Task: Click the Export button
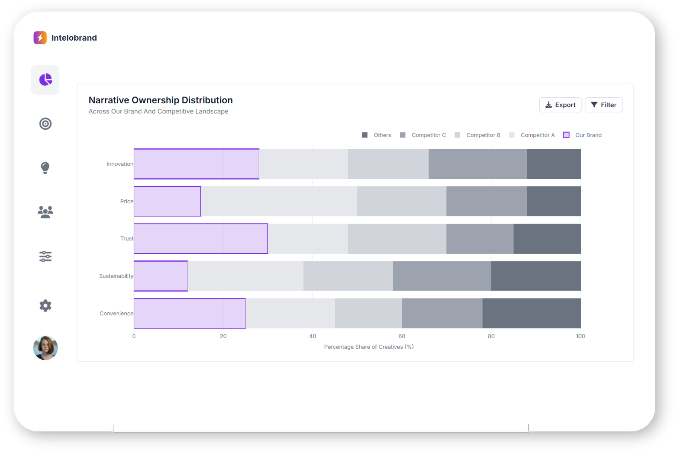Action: click(560, 105)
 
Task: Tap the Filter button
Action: click(603, 105)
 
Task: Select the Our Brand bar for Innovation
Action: click(196, 164)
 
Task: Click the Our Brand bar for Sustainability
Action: click(161, 276)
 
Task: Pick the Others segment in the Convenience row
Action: click(531, 313)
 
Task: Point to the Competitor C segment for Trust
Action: click(480, 239)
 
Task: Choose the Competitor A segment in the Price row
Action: click(279, 201)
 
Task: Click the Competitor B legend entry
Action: click(478, 135)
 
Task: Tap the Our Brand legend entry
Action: click(583, 135)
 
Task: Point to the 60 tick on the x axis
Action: click(402, 336)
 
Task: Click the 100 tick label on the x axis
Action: click(580, 336)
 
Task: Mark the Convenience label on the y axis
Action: click(116, 313)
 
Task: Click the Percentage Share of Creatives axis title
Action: click(369, 347)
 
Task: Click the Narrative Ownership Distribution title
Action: click(161, 100)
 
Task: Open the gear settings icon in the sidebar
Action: click(46, 306)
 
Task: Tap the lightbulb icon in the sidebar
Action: click(45, 168)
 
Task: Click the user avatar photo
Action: click(46, 348)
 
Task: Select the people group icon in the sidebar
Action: click(46, 212)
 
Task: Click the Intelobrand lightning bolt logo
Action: click(40, 38)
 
